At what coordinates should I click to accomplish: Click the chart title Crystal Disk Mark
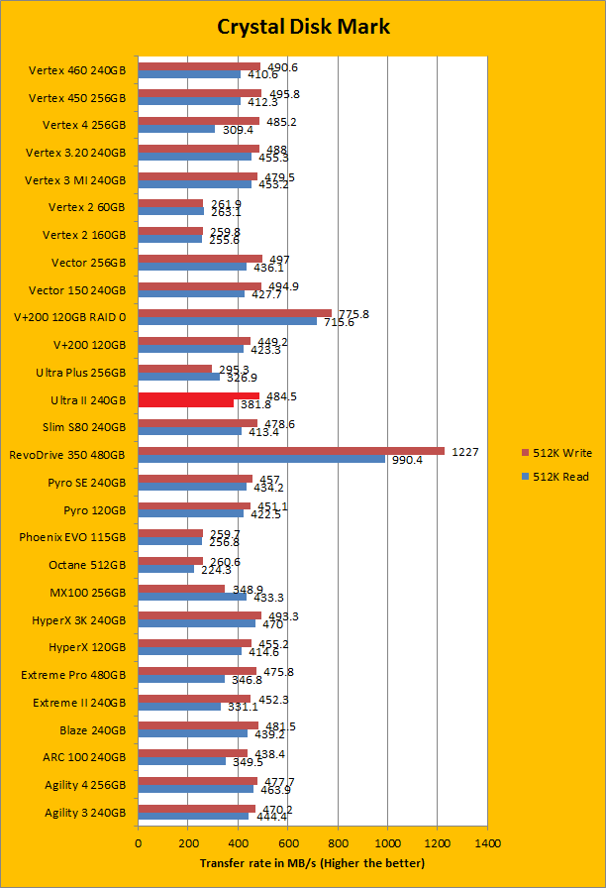pos(303,27)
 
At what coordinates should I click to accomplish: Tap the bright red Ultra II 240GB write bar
pos(198,396)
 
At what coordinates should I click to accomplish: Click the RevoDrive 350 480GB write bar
pos(291,452)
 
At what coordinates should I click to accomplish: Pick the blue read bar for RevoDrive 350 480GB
pos(261,460)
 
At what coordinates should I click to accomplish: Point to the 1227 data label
pos(465,452)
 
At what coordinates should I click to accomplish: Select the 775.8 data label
pos(353,314)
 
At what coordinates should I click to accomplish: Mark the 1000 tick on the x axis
pos(387,843)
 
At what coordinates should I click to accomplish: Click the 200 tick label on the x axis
pos(188,843)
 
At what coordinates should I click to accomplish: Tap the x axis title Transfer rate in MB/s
pos(312,863)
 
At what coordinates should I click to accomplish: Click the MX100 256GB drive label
pos(87,593)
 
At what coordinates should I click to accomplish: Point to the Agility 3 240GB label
pos(85,813)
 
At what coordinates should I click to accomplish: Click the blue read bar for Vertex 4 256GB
pos(176,130)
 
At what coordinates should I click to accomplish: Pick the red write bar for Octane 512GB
pos(170,561)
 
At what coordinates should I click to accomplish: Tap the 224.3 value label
pos(215,571)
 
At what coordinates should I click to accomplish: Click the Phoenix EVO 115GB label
pos(72,537)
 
